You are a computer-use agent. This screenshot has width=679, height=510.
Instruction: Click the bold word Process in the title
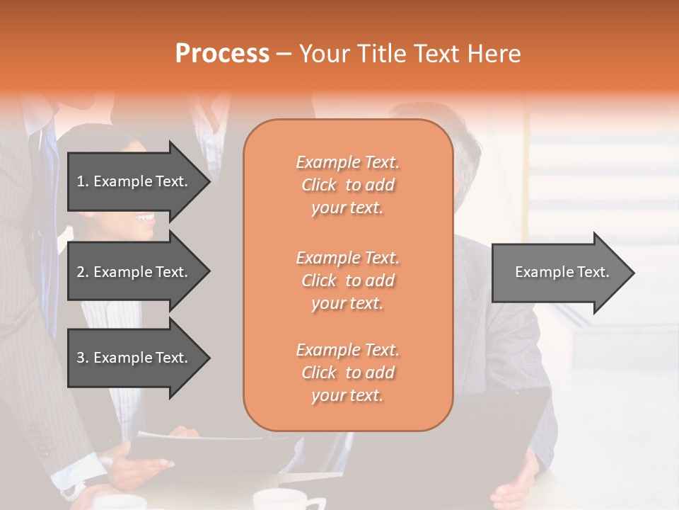click(222, 53)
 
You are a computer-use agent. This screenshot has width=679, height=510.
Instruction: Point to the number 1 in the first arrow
click(81, 181)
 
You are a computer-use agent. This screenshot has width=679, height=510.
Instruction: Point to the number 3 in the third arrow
click(81, 358)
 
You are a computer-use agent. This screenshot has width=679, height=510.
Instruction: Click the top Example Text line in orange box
click(347, 162)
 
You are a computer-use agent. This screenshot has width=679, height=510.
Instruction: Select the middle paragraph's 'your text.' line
click(347, 303)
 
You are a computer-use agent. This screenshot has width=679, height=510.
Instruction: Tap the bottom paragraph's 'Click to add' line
click(347, 373)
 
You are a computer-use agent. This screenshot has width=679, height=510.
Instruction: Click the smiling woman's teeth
click(146, 217)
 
